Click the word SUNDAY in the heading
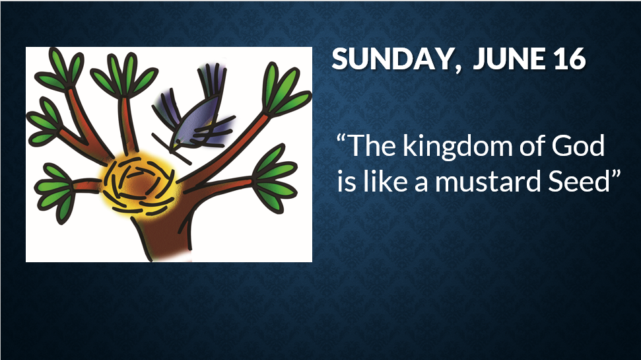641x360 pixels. pos(391,59)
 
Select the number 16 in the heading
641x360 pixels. pos(570,59)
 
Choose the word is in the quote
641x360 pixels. pos(347,182)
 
